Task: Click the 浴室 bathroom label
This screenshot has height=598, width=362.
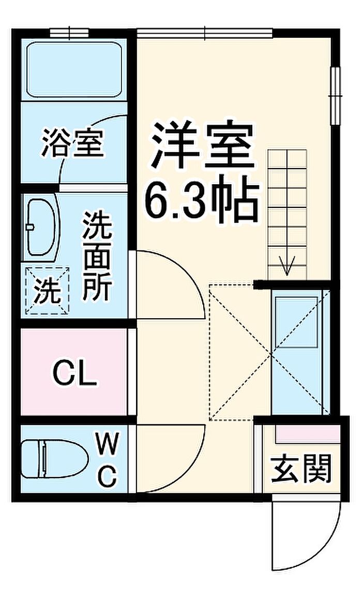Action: tap(73, 143)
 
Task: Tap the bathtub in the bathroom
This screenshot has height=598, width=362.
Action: tap(74, 69)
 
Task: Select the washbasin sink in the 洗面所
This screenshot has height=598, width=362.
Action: tap(41, 227)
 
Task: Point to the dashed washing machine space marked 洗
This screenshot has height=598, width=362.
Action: tap(48, 291)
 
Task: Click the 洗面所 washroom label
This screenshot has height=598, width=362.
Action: tap(97, 256)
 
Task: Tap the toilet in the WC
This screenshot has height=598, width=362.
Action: tap(54, 458)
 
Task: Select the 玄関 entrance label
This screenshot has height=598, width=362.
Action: tap(301, 469)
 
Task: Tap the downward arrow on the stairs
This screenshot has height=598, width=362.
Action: tap(287, 265)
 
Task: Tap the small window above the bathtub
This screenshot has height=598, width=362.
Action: tap(69, 33)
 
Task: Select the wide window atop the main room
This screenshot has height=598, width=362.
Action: tap(205, 33)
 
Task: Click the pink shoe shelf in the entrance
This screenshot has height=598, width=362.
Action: tap(308, 434)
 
